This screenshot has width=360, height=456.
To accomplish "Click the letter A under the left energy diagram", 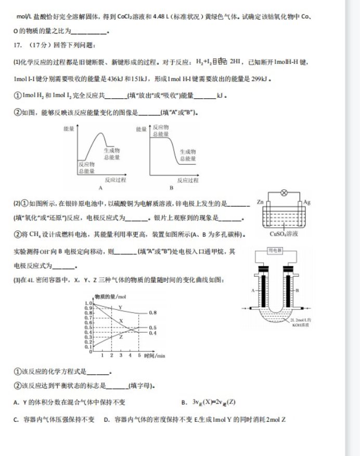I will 99,188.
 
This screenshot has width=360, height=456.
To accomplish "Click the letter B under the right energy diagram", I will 171,188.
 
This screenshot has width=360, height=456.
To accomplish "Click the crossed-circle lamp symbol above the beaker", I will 284,192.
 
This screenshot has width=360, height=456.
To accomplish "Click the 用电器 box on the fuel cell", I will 275,251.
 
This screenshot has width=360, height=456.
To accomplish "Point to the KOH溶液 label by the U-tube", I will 301,323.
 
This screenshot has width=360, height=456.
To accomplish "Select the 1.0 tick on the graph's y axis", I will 88,302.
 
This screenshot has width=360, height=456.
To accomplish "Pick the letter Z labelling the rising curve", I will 121,337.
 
